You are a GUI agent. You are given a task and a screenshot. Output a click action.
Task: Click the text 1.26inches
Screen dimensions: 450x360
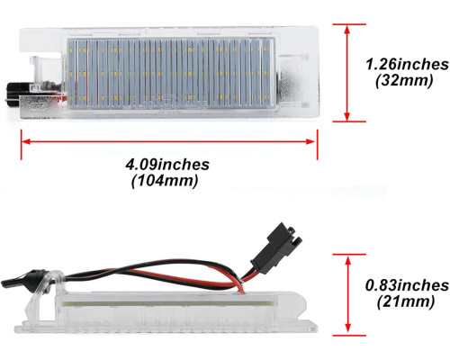point(407,65)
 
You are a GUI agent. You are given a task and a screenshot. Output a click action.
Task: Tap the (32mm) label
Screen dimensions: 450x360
point(404,81)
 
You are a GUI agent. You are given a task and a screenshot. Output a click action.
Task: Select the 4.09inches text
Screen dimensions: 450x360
point(167,165)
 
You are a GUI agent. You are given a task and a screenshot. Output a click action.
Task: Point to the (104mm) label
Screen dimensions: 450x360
point(165,181)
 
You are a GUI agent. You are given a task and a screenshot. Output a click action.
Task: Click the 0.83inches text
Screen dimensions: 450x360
point(407,285)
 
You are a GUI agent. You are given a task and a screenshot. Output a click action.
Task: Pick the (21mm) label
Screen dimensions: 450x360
point(406,301)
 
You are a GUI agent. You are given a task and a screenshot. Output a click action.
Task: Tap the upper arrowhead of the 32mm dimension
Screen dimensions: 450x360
point(347,30)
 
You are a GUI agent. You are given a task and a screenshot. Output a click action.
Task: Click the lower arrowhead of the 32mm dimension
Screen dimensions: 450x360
point(347,116)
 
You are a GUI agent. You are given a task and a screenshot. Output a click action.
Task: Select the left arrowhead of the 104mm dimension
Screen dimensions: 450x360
point(26,141)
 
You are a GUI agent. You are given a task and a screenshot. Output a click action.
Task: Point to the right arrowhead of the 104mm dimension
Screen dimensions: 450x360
point(310,141)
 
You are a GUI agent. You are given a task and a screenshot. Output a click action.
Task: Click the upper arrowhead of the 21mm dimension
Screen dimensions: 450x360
point(348,260)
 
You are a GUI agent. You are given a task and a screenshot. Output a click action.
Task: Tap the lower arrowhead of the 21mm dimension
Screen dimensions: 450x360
point(348,328)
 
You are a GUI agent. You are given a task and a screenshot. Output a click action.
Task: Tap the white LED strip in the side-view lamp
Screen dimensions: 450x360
point(168,303)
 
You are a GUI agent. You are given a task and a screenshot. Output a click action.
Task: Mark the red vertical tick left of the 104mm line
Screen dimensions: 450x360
point(21,144)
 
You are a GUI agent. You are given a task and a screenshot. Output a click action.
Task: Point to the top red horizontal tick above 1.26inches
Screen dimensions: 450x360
point(349,24)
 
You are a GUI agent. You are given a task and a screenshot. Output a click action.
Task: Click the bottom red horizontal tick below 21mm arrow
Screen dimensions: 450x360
point(349,336)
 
